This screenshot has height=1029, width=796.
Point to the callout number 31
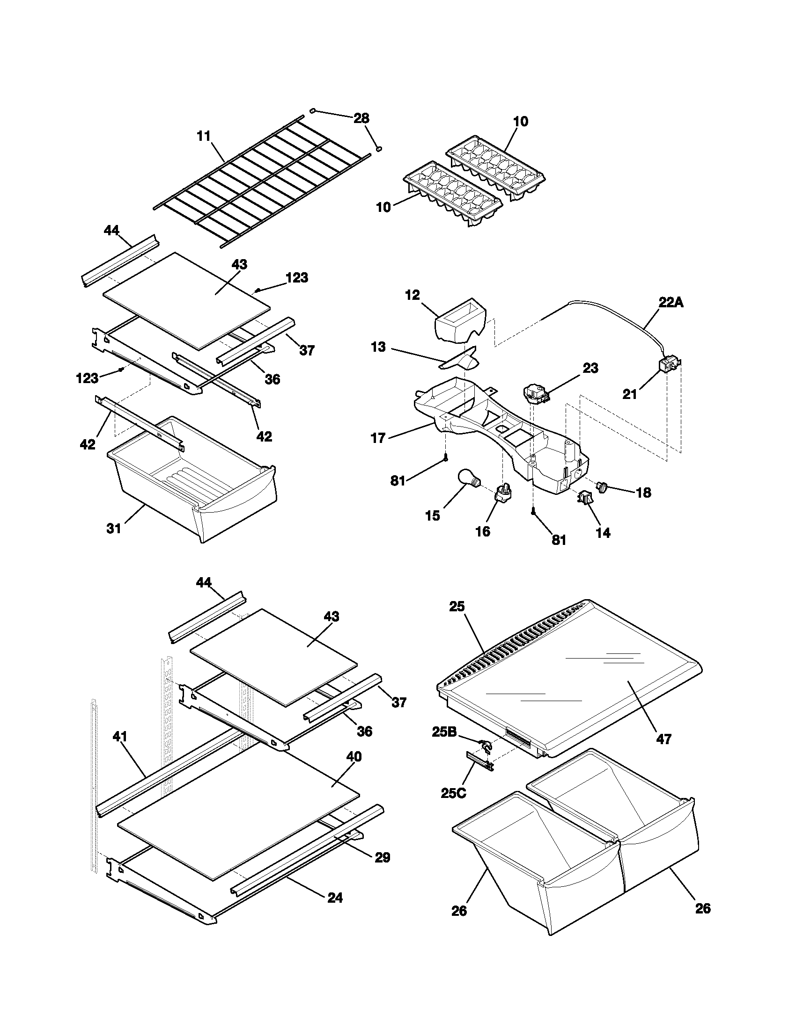[114, 529]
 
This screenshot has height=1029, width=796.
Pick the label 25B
[444, 732]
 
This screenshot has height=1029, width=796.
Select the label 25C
[454, 793]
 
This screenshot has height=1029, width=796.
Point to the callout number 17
[378, 438]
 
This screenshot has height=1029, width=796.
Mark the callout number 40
[354, 757]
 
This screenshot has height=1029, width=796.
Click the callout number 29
[383, 857]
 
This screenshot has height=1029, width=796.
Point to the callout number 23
[590, 368]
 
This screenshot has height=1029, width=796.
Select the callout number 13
[378, 347]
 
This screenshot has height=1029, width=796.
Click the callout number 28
[361, 118]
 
